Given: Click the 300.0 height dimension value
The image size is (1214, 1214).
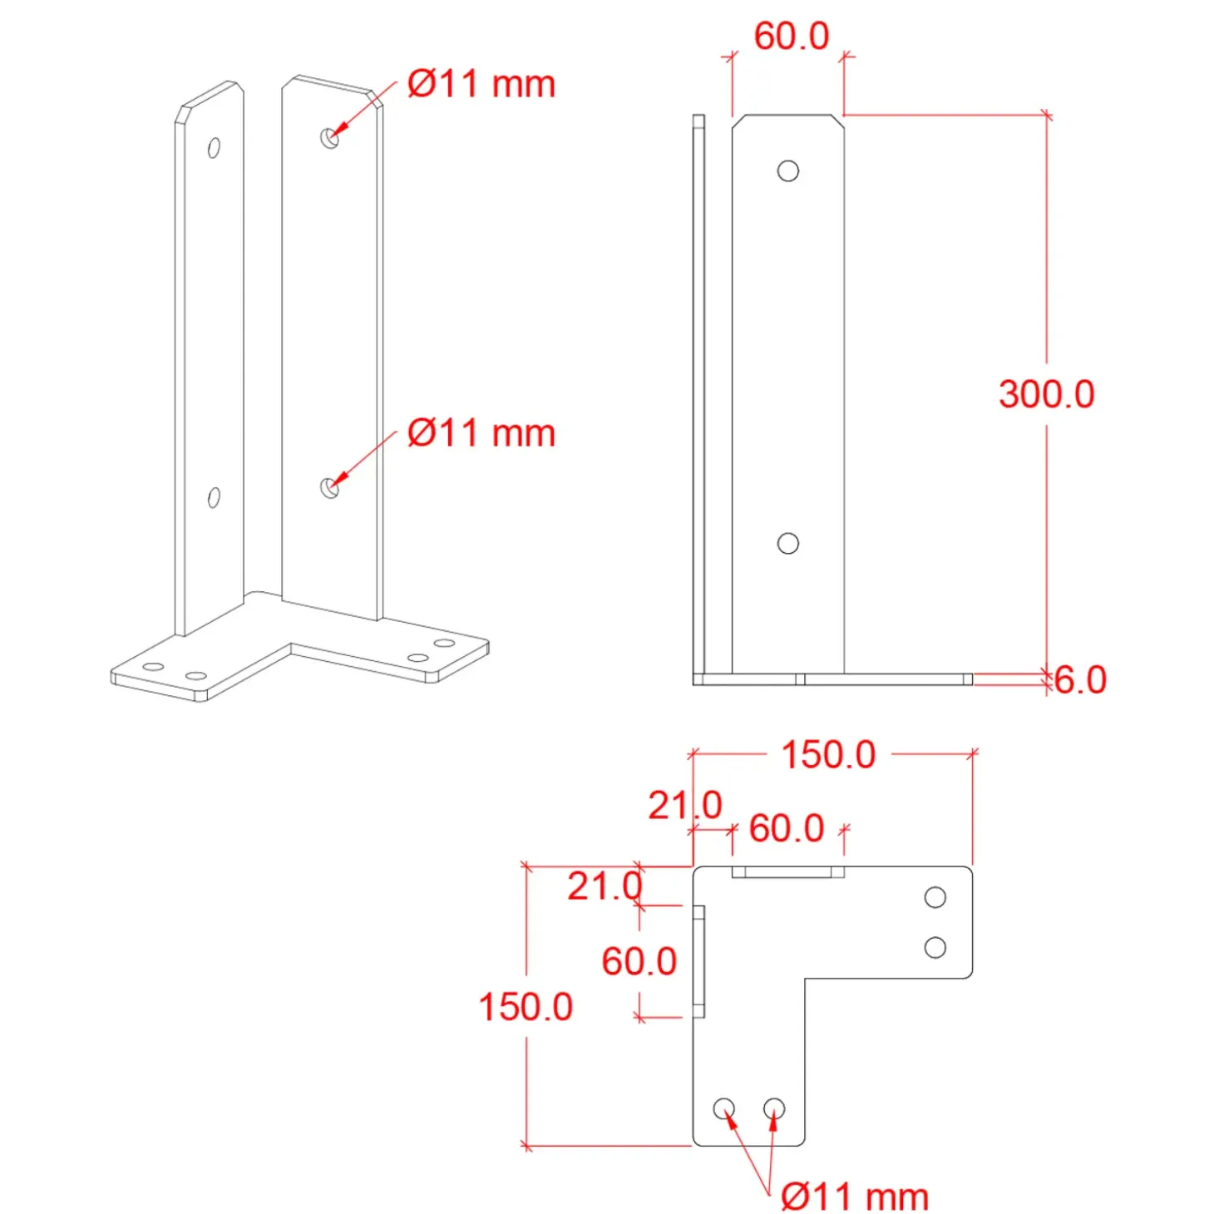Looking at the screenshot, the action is click(x=1046, y=395).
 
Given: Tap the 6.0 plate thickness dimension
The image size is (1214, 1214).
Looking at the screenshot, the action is click(x=1080, y=680).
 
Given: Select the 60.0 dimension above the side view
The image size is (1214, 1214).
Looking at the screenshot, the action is click(x=792, y=36).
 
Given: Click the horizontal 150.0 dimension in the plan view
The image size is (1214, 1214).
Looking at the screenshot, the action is click(x=828, y=755).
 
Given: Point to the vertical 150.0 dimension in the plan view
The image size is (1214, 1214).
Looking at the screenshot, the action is click(x=526, y=1006).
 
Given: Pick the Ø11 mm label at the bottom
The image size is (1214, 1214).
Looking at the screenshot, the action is click(x=855, y=1196).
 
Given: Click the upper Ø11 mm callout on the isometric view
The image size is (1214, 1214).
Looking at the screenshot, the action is click(x=481, y=84).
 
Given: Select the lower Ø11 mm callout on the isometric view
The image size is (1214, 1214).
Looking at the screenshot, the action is click(x=481, y=433).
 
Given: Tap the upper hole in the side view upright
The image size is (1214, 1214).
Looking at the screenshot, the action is click(x=788, y=170).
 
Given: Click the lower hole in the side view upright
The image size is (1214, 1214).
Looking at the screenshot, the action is click(x=788, y=543).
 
